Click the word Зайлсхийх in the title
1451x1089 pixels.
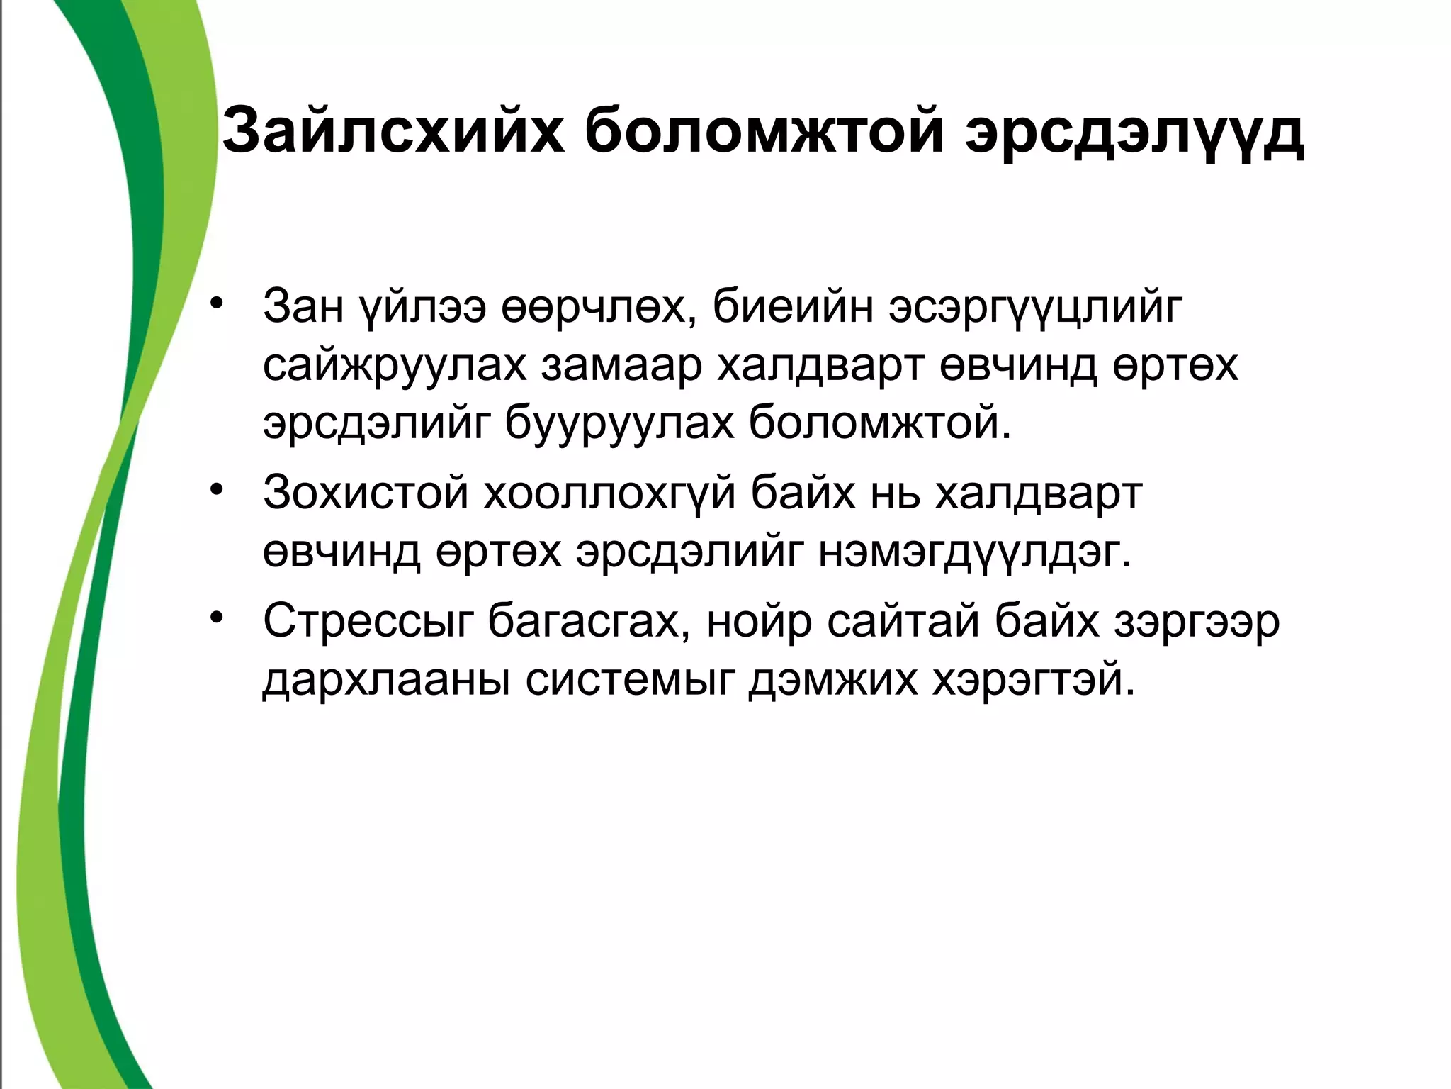[x=393, y=130]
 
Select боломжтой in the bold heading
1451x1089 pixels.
[x=764, y=130]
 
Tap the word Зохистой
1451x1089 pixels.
[x=366, y=492]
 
